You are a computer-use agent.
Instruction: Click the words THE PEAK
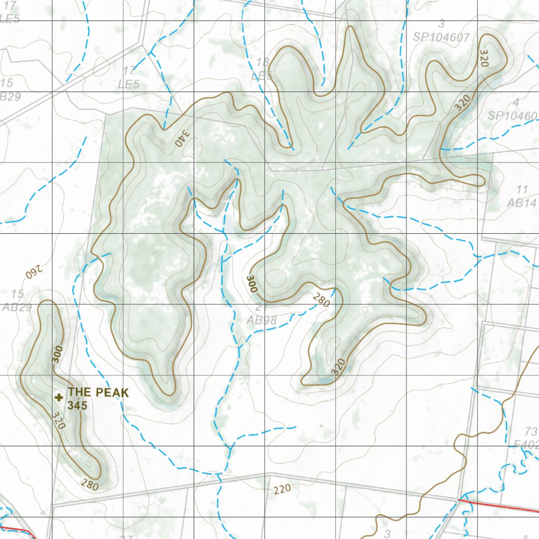click(x=98, y=392)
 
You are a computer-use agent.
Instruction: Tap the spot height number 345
click(x=77, y=406)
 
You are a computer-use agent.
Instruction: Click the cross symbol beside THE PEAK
click(x=59, y=397)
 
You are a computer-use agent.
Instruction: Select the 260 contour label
click(x=33, y=273)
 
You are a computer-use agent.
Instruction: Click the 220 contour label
click(x=282, y=490)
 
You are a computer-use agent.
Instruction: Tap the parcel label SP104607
click(x=441, y=37)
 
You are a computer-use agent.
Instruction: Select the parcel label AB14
click(x=521, y=203)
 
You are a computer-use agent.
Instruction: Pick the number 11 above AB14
click(x=522, y=189)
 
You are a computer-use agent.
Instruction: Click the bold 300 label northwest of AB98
click(x=252, y=284)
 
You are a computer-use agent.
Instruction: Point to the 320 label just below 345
click(x=58, y=420)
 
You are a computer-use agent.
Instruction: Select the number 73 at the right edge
click(x=531, y=432)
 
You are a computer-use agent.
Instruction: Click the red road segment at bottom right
click(x=500, y=505)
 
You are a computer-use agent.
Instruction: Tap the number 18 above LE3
click(x=263, y=63)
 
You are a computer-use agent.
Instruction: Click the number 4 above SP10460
click(x=516, y=102)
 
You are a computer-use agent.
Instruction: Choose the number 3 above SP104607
click(x=441, y=24)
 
